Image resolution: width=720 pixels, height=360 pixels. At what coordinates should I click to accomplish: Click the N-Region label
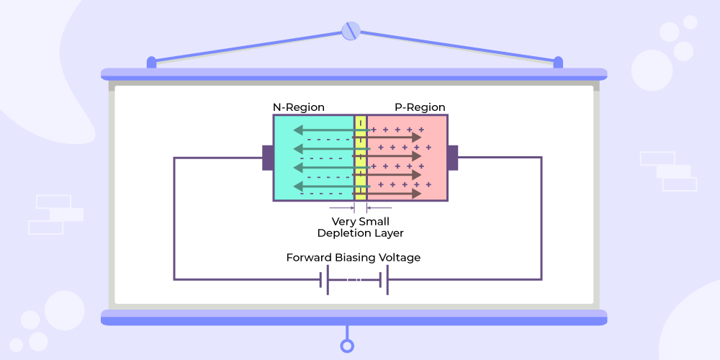coord(298,107)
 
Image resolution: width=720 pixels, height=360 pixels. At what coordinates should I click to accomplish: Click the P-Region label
coord(420,107)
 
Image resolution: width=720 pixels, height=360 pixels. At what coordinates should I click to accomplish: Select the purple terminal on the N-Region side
coord(267,158)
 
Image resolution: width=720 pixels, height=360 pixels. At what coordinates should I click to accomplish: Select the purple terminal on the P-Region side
coord(453,158)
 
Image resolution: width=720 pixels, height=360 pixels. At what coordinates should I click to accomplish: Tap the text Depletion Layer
coord(361,233)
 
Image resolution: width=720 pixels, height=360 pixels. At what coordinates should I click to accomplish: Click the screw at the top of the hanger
coord(350,30)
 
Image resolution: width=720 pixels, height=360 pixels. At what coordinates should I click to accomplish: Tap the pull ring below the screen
coord(348,346)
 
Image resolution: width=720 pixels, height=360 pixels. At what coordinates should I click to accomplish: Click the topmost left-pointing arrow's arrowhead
coord(297,131)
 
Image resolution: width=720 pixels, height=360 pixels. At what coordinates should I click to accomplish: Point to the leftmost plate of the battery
coord(321,280)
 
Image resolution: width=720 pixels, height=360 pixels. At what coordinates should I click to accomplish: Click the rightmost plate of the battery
coord(387,280)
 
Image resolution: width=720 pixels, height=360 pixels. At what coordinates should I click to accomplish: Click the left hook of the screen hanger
coord(151,63)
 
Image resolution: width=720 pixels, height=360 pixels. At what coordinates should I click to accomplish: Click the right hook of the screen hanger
coord(558,63)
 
